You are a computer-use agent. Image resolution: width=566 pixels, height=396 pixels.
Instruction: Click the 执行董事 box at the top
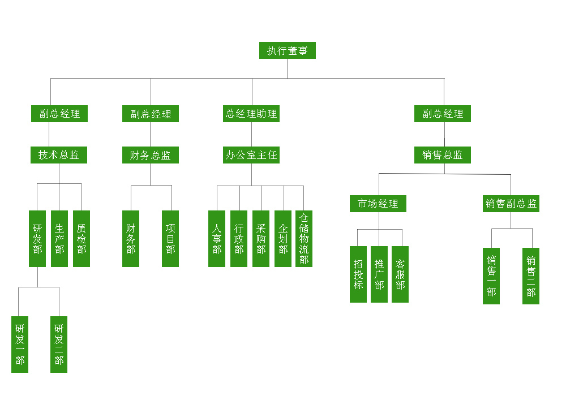pos(287,50)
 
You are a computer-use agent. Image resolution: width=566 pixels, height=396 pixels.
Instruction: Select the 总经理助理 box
pos(252,114)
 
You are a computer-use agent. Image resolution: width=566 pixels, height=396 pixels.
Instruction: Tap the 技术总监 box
pos(59,155)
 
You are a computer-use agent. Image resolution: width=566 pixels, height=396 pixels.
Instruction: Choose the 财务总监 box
pos(150,155)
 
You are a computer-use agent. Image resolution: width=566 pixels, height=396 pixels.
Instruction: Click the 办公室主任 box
pos(252,155)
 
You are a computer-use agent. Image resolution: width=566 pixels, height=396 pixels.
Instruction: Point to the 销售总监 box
pos(443,155)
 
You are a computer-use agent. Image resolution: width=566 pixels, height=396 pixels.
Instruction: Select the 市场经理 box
pos(378,204)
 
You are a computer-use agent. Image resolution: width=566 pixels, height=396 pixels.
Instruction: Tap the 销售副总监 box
pos(511,204)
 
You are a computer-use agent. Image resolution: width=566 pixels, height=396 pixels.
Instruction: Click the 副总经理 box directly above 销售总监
pos(443,114)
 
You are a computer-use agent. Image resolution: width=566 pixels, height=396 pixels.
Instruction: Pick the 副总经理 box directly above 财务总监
pos(151,114)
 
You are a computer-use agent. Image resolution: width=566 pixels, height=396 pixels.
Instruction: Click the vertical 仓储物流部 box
pos(304,238)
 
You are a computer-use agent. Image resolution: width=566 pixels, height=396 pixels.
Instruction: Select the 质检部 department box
pos(82,238)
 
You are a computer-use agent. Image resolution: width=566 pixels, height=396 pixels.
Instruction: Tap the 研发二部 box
pos(59,344)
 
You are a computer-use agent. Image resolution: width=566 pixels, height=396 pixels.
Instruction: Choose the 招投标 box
pos(358,274)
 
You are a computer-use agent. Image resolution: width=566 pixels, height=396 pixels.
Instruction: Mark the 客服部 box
pos(400,274)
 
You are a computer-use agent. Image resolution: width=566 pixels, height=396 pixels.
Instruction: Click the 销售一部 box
pos(491,276)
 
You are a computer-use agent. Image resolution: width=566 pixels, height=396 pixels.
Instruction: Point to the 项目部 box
pos(170,238)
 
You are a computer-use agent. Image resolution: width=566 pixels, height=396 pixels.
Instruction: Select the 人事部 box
pos(217,238)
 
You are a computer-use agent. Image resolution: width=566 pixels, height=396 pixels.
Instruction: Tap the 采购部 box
pos(261,238)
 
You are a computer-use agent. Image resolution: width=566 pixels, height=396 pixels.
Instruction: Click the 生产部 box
pos(59,238)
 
